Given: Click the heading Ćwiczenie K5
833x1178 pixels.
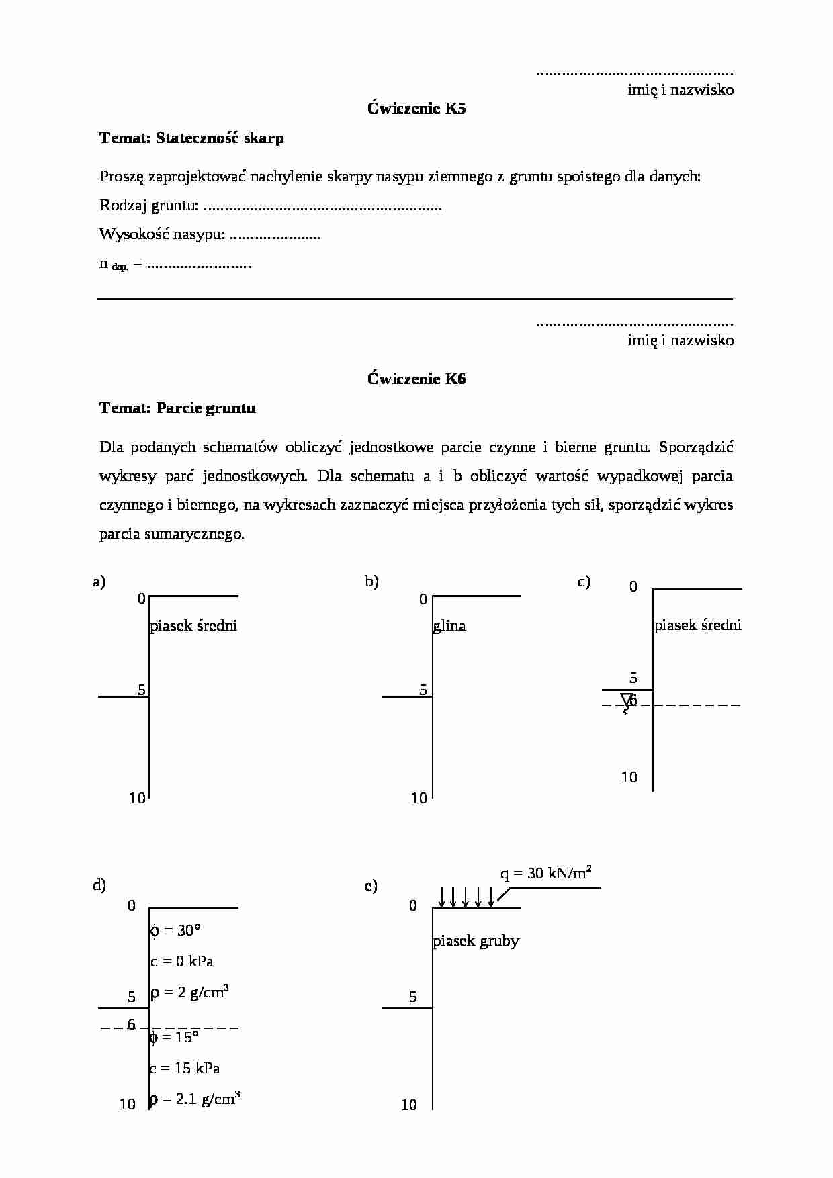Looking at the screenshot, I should point(416,108).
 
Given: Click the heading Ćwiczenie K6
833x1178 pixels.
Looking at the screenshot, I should point(416,379).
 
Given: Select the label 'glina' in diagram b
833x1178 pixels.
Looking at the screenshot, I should point(449,626).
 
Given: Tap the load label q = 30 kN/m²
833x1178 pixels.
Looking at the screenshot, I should point(545,873).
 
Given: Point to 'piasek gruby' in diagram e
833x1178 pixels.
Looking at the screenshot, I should point(476,940).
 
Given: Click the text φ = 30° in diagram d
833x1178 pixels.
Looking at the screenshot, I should point(175,930).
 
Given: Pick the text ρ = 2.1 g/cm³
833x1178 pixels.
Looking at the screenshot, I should point(195,1099).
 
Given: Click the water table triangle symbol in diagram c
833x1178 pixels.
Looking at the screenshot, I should point(627,700).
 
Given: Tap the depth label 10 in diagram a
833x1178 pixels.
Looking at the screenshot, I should point(137,798).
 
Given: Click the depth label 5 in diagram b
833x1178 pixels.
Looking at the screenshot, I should point(423,690).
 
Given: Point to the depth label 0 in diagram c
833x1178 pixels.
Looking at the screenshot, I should point(633,587).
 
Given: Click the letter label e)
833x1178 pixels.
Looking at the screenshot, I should point(371,887).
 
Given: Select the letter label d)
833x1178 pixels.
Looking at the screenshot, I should point(99,885).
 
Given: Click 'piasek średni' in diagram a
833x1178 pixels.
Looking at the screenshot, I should point(193,626).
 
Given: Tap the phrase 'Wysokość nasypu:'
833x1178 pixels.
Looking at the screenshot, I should point(161,234).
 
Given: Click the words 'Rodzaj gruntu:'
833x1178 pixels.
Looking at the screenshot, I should point(148,206).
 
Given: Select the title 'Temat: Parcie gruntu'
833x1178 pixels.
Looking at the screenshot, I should point(177,408).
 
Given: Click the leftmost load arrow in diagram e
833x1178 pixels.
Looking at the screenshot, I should point(441,896).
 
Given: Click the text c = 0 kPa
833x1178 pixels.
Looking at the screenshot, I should point(182,961).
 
